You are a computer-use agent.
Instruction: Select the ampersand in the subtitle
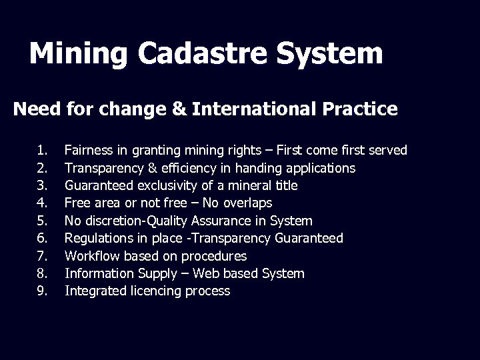pyautogui.click(x=179, y=109)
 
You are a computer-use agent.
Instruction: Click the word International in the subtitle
pyautogui.click(x=257, y=109)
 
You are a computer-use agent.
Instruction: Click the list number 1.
pyautogui.click(x=42, y=151)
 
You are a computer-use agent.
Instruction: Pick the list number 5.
pyautogui.click(x=42, y=221)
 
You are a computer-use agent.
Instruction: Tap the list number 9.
pyautogui.click(x=42, y=291)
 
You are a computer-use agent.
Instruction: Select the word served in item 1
pyautogui.click(x=389, y=151)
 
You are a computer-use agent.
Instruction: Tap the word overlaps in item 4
pyautogui.click(x=248, y=203)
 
